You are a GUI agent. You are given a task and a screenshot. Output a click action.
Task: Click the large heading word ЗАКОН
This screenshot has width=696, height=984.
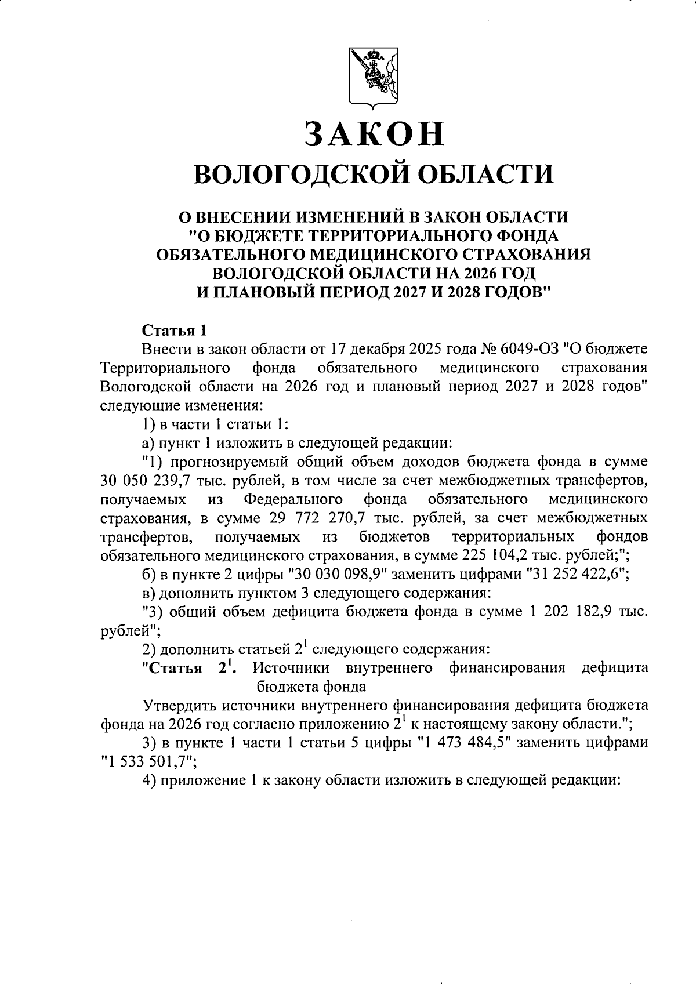pos(375,134)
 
